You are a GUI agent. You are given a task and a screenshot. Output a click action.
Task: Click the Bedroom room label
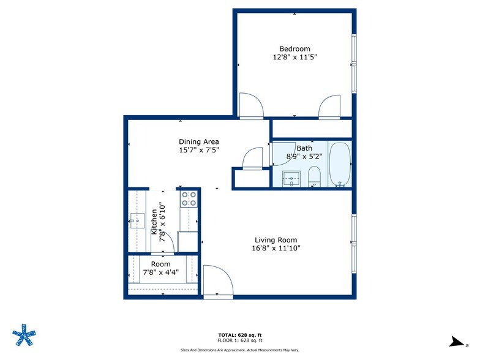tap(294, 49)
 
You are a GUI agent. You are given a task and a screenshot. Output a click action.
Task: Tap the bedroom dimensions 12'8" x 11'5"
tap(294, 57)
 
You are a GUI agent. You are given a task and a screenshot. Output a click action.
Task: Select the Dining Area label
tap(199, 142)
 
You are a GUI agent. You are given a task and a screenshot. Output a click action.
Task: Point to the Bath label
tap(304, 148)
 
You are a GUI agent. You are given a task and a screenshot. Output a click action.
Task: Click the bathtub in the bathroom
tap(339, 163)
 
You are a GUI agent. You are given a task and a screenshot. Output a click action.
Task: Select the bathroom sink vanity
tap(292, 179)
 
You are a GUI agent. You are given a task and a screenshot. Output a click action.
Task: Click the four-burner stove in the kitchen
tap(189, 199)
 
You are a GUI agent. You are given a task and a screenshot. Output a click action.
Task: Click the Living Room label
tap(276, 240)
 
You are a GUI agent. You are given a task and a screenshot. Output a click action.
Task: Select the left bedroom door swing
tap(250, 105)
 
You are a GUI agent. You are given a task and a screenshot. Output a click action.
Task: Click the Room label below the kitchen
tap(162, 264)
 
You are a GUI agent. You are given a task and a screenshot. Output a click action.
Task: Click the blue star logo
tap(26, 334)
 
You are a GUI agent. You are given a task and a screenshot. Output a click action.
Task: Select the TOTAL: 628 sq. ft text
tap(239, 334)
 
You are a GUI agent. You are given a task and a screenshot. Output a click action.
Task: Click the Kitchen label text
tap(154, 222)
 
